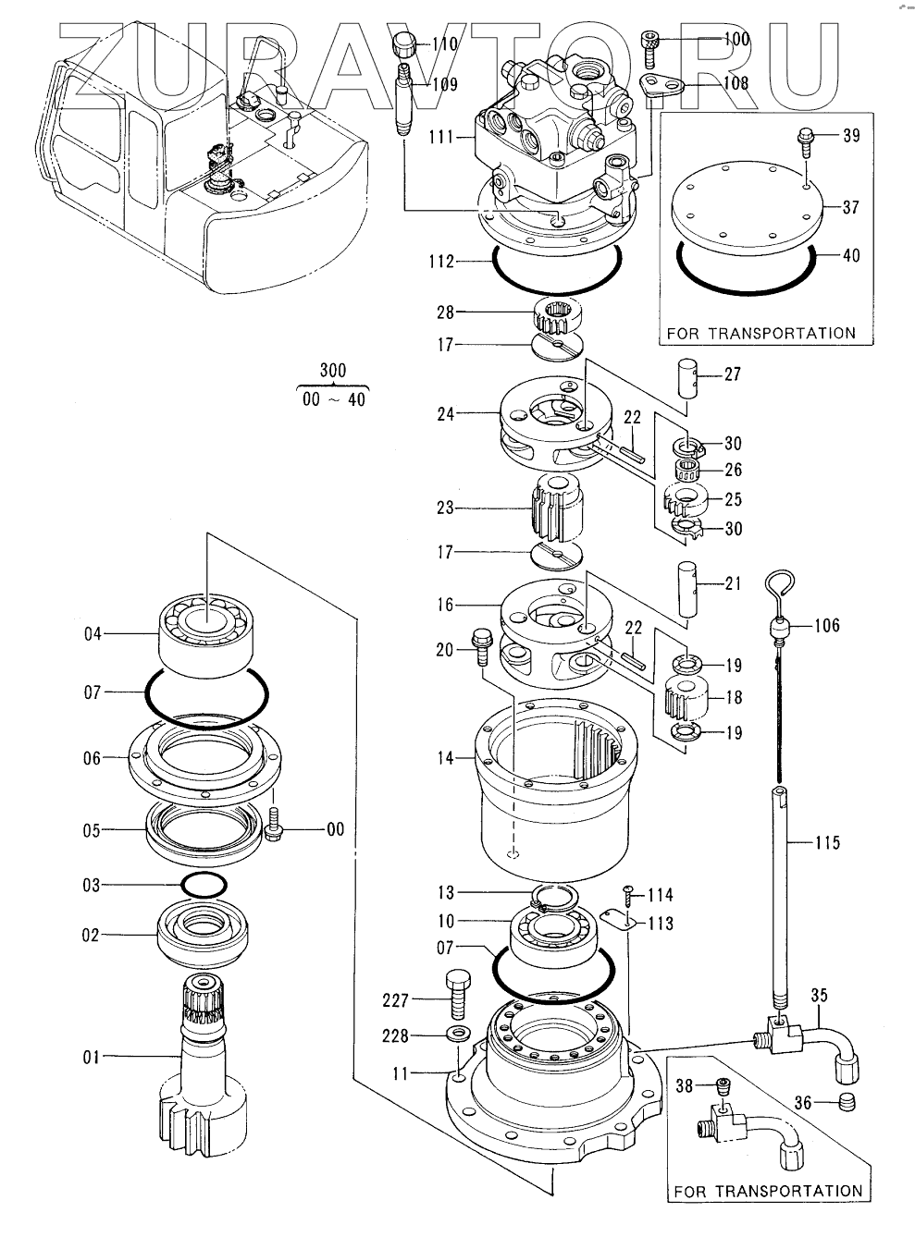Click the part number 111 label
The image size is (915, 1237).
(441, 137)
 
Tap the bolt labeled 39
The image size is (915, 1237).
(805, 141)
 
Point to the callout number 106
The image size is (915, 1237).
(826, 625)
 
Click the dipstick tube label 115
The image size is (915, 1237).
(827, 843)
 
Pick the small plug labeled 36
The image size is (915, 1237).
(847, 1103)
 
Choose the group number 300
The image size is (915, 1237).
(333, 370)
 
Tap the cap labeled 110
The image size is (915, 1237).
(405, 44)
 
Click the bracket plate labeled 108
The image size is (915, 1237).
(662, 88)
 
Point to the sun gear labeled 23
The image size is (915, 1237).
(559, 508)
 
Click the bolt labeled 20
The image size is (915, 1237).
(481, 647)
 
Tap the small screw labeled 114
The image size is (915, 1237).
(629, 895)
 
